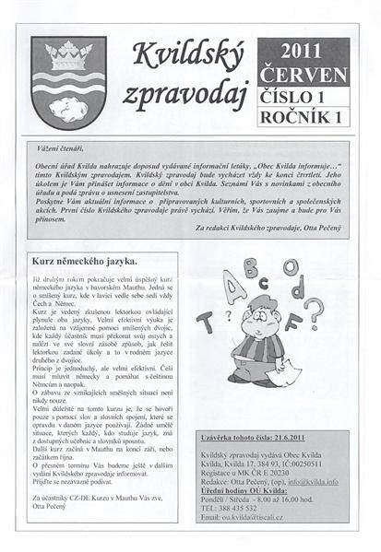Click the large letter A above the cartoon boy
(235, 288)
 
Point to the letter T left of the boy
(205, 322)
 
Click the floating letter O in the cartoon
(291, 267)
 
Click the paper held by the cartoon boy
(286, 370)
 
